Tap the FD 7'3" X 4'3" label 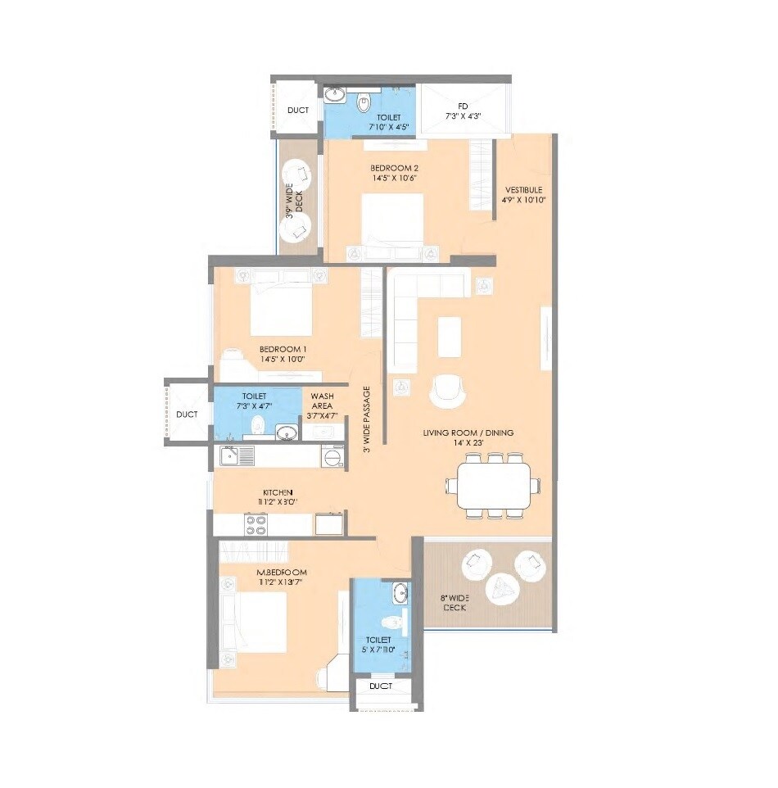tap(463, 111)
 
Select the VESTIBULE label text tap(524, 193)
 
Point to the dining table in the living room tap(493, 486)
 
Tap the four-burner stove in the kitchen tap(256, 524)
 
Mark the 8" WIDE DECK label tap(455, 603)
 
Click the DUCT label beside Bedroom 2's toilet tap(297, 111)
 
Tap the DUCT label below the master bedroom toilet tap(380, 686)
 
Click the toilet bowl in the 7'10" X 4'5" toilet tap(364, 104)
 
